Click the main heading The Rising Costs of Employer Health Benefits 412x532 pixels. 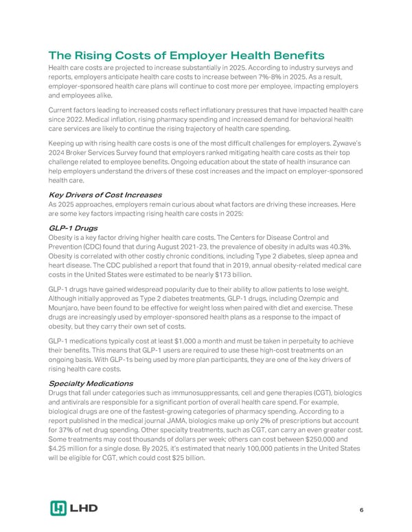point(186,56)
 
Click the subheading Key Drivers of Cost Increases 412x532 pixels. point(104,195)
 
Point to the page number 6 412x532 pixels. point(361,510)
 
